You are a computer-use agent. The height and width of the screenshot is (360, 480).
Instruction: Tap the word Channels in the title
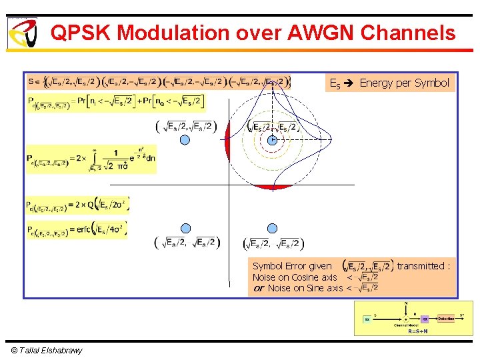click(414, 33)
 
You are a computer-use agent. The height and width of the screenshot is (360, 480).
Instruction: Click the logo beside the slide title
click(22, 33)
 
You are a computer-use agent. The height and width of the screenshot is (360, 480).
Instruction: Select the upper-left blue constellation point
click(185, 140)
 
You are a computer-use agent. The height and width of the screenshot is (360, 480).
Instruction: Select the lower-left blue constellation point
click(185, 228)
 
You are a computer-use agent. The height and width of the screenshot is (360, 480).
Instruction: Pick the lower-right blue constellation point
click(272, 228)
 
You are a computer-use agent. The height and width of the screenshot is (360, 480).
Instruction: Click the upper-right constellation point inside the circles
click(272, 140)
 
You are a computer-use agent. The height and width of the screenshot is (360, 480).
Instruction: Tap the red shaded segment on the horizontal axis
click(273, 187)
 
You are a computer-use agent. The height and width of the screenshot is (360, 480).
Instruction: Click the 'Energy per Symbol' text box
click(389, 83)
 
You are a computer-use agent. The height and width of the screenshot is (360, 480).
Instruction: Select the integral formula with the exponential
click(91, 159)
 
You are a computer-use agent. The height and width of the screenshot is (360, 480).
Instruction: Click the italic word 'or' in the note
click(259, 288)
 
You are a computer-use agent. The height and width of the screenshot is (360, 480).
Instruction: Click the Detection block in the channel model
click(446, 319)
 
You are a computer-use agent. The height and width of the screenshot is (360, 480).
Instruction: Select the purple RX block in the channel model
click(425, 319)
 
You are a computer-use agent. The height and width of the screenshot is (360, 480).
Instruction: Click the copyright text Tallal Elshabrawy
click(47, 351)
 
